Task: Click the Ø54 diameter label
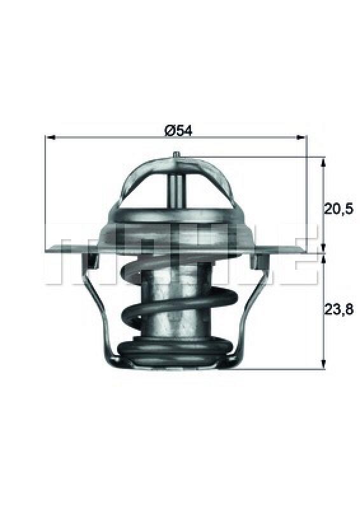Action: coord(179,130)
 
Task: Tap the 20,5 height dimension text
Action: coord(338,209)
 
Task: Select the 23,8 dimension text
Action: coord(338,309)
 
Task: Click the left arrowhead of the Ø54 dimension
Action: coord(50,137)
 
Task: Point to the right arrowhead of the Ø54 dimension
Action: coord(301,137)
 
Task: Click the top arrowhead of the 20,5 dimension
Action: coord(322,163)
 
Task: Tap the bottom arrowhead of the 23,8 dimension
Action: coord(323,363)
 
